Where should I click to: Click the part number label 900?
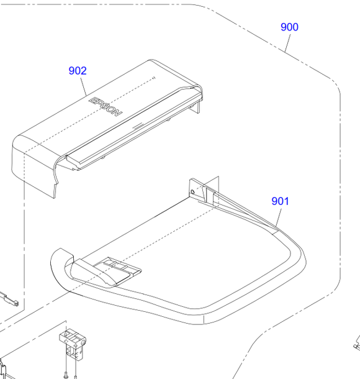tap(289, 27)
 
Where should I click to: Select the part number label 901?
tap(280, 201)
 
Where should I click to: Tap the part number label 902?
tap(78, 71)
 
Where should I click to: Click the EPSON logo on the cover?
tap(106, 107)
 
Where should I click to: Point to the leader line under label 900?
tap(287, 43)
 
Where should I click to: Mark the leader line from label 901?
tap(279, 217)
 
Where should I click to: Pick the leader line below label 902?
tap(83, 86)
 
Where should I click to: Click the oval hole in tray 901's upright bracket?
tap(192, 192)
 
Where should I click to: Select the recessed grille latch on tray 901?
tap(117, 268)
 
